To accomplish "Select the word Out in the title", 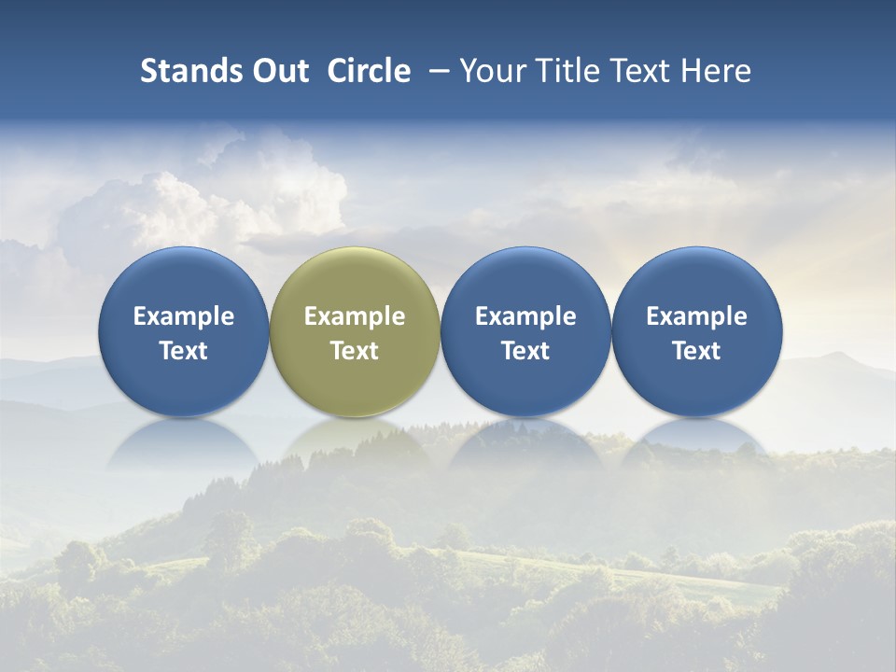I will pyautogui.click(x=278, y=71).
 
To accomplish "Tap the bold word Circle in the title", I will pyautogui.click(x=369, y=71).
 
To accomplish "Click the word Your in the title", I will pyautogui.click(x=492, y=71).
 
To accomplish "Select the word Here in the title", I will pyautogui.click(x=717, y=71).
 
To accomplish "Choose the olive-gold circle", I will pyautogui.click(x=355, y=331).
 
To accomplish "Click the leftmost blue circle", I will pyautogui.click(x=184, y=331).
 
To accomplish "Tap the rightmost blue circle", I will pyautogui.click(x=696, y=331).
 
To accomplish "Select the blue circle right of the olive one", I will pyautogui.click(x=525, y=331).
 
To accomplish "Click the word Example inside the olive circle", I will pyautogui.click(x=355, y=316).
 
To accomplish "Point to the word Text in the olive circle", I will pyautogui.click(x=355, y=351).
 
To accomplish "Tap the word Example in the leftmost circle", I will pyautogui.click(x=184, y=316).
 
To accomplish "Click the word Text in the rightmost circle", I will pyautogui.click(x=696, y=351).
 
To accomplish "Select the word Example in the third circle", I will pyautogui.click(x=525, y=316).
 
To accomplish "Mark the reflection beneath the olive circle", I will pyautogui.click(x=355, y=443).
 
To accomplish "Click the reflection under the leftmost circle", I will pyautogui.click(x=184, y=443).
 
